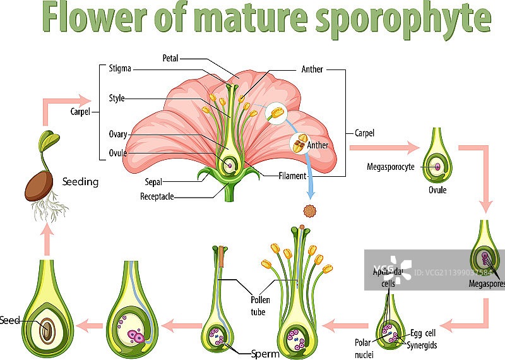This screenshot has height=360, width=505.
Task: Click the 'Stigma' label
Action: tap(120, 68)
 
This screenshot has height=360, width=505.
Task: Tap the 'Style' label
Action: tap(117, 99)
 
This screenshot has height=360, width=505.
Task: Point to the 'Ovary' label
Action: tap(117, 134)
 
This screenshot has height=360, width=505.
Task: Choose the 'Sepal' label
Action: tap(153, 182)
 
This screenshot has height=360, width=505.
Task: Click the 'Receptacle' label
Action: tap(157, 196)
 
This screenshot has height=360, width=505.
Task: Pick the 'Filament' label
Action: tap(292, 176)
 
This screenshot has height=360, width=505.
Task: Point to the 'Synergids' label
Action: tap(421, 345)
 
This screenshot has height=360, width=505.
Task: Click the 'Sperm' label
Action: tap(266, 354)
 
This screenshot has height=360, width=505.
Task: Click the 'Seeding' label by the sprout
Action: tap(80, 182)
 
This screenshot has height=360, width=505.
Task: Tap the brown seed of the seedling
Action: tap(42, 187)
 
